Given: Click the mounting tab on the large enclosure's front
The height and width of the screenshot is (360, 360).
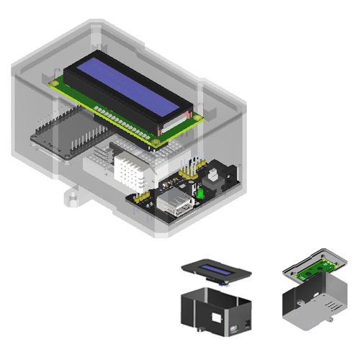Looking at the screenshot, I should pos(72,196).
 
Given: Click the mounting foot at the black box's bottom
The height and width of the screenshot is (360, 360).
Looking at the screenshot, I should pos(194,330).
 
